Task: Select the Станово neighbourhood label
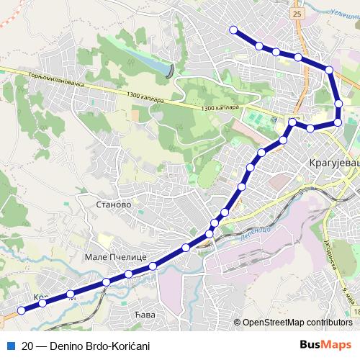click(x=112, y=204)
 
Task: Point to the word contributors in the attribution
click(x=333, y=323)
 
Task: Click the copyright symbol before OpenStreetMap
click(x=237, y=323)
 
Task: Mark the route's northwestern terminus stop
click(x=233, y=30)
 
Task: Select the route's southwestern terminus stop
click(x=22, y=310)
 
